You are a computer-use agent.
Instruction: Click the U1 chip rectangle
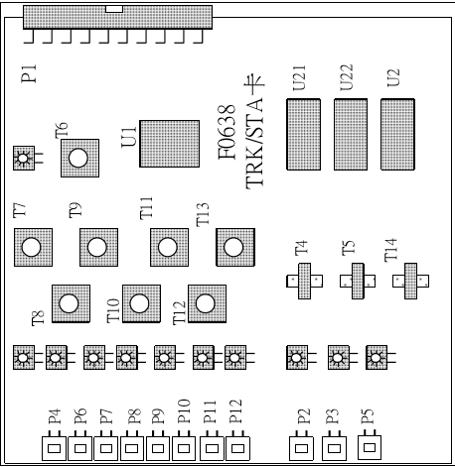point(170,144)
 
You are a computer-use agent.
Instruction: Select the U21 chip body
point(304,135)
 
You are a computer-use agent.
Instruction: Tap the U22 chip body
point(351,135)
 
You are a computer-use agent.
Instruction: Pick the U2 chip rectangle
point(397,135)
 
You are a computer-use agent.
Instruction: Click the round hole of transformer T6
point(78,158)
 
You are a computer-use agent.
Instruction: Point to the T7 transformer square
point(33,247)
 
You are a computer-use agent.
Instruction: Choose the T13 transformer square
point(235,247)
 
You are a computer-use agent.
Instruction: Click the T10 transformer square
point(141,303)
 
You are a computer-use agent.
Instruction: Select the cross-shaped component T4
point(304,281)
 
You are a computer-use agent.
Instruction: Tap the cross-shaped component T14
point(410,281)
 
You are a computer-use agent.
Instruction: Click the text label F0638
point(227,132)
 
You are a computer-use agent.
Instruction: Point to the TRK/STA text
point(254,144)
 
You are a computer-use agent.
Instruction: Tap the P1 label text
point(29,74)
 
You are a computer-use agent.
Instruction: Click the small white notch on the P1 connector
point(114,9)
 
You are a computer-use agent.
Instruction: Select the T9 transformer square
point(98,247)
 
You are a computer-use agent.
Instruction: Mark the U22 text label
point(347,78)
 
